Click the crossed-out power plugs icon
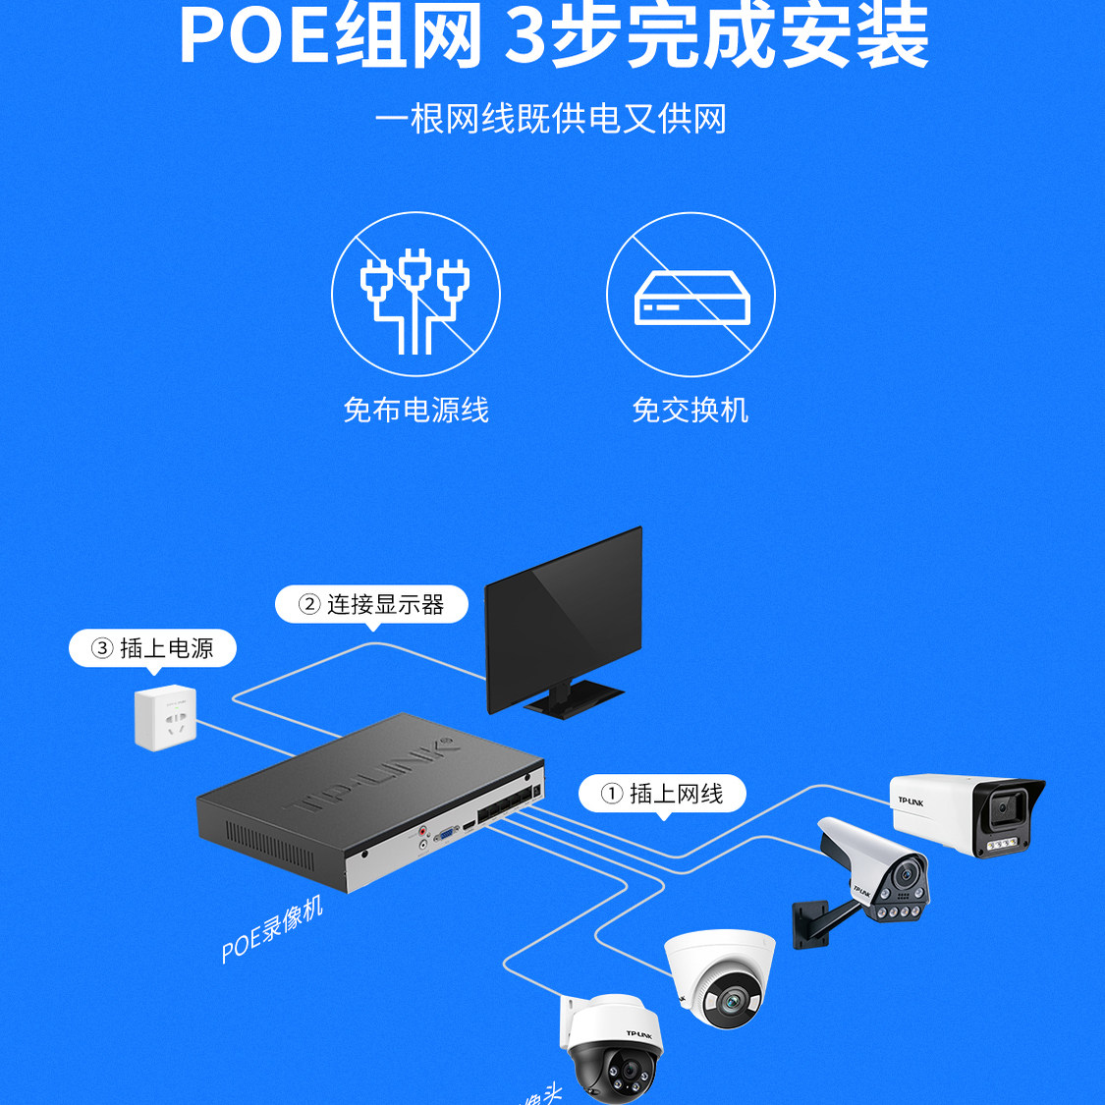(415, 295)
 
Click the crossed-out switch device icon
(691, 295)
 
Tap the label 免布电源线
(415, 410)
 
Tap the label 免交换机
(690, 410)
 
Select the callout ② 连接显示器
(371, 604)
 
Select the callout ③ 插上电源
(152, 648)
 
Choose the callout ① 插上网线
(662, 793)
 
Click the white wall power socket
(166, 718)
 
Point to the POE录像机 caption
(271, 929)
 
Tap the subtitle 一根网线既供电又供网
(551, 119)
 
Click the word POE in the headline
(252, 37)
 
